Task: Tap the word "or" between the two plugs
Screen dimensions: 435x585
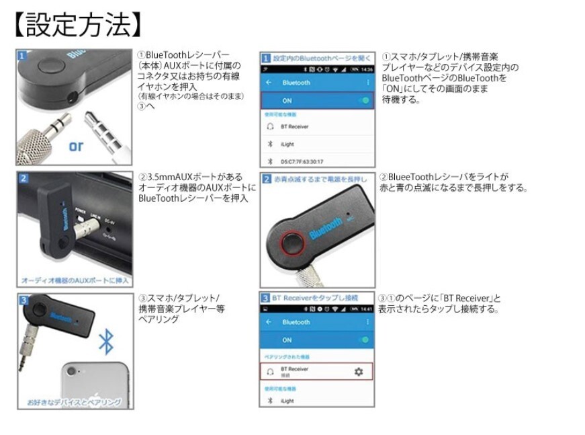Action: [x=76, y=146]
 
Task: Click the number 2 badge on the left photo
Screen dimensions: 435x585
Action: [x=23, y=179]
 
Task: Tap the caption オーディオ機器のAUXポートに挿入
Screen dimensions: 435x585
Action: [x=75, y=280]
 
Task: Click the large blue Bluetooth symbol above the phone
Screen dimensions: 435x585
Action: [x=105, y=341]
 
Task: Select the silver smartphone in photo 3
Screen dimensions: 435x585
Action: [x=94, y=383]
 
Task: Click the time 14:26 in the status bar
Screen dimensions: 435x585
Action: [x=367, y=69]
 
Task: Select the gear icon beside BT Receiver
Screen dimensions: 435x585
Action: [x=358, y=371]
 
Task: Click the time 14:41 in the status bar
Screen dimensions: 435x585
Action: [x=367, y=309]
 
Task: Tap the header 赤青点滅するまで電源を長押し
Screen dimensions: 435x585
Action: [x=316, y=180]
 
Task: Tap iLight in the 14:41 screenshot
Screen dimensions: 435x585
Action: [x=287, y=401]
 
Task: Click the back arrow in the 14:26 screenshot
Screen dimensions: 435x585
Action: [x=269, y=83]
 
